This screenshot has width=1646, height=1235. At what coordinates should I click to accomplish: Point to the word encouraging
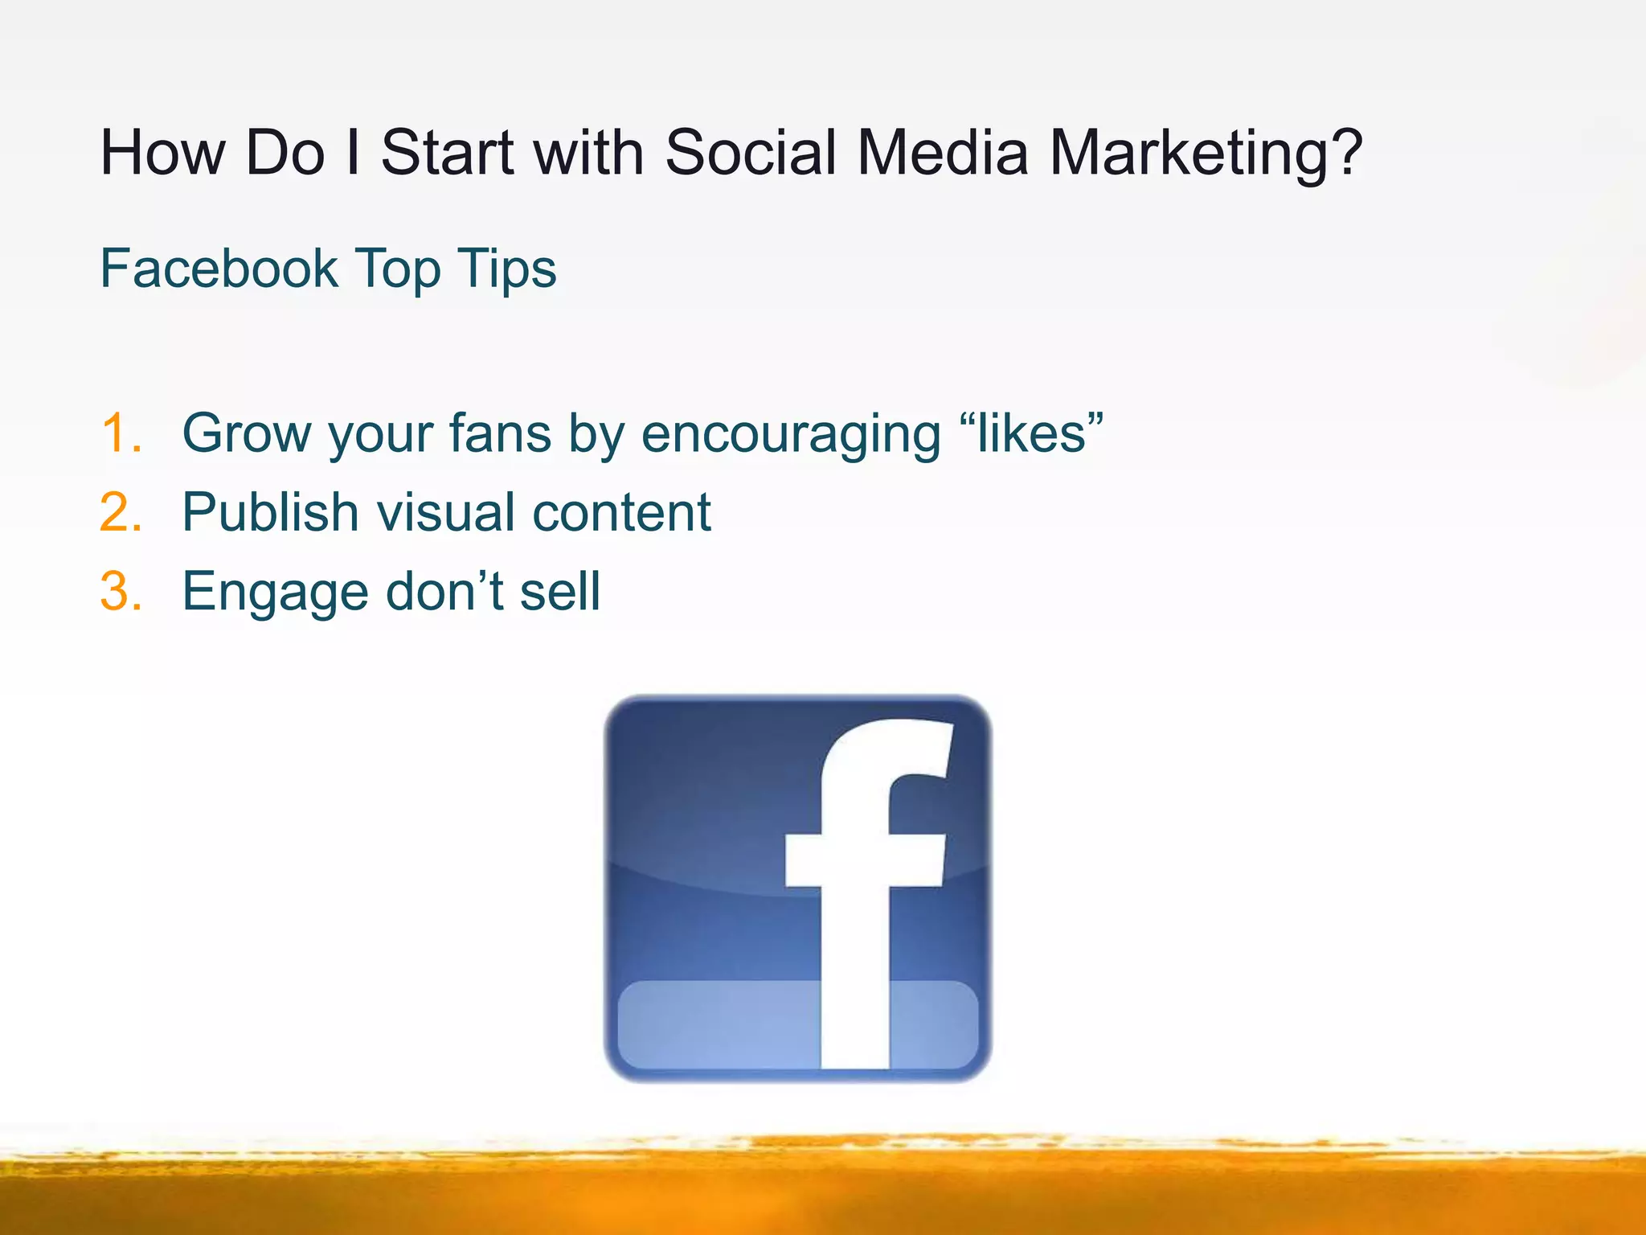tap(791, 435)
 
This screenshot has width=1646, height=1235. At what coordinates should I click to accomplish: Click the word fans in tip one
tap(499, 433)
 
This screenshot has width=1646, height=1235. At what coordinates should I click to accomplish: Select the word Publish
tap(270, 512)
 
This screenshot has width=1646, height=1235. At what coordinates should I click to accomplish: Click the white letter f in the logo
tap(856, 925)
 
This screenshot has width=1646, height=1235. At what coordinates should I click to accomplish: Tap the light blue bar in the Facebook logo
tap(715, 1024)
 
